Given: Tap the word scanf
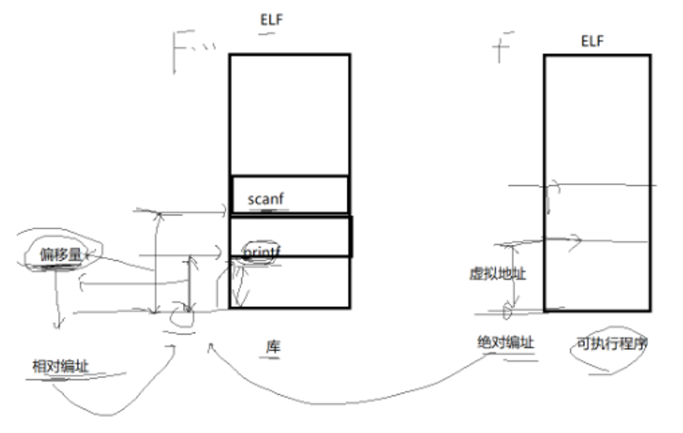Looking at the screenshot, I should [265, 199].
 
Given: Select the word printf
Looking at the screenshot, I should [262, 250].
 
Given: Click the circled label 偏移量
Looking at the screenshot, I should [60, 255].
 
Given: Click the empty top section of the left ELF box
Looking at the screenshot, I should [290, 113].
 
